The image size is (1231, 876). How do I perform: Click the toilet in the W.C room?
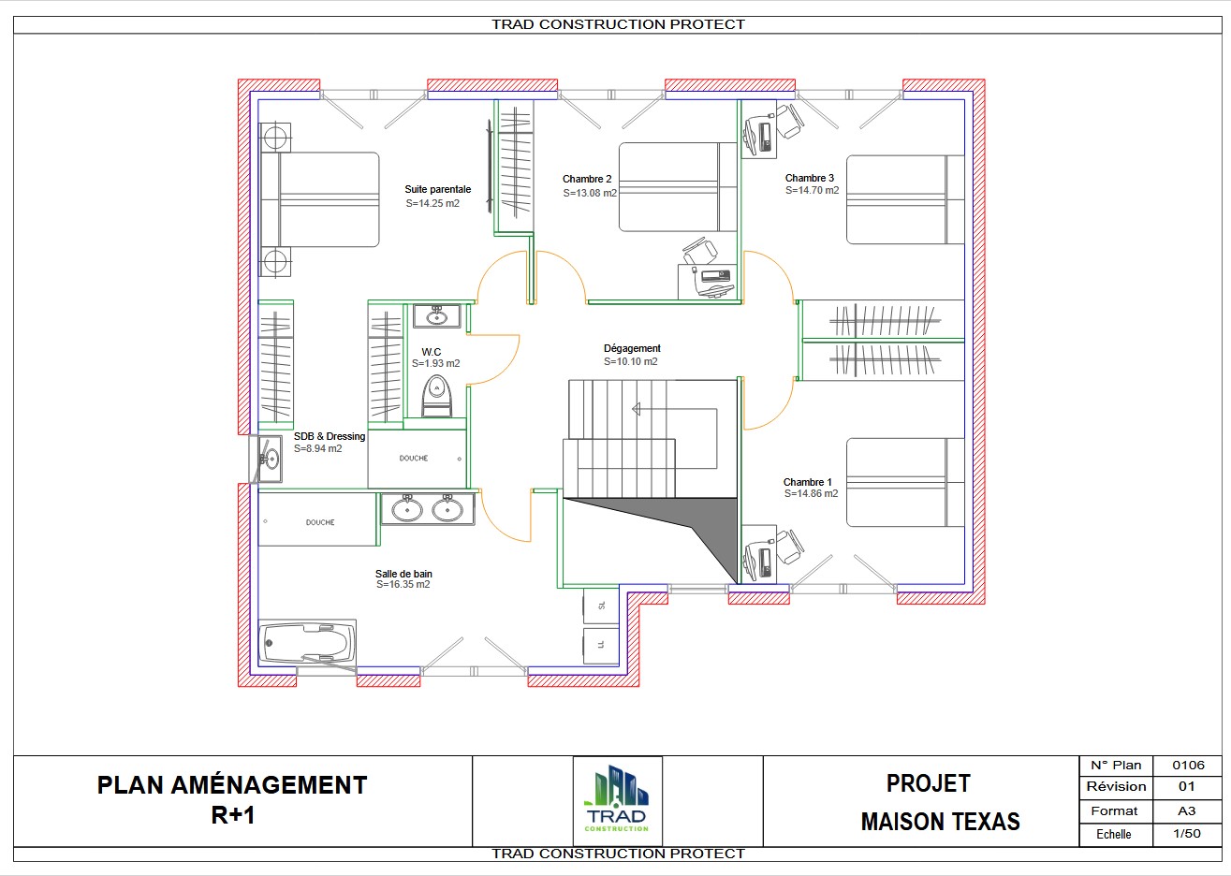tap(437, 396)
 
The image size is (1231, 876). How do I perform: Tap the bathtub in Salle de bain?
tap(307, 642)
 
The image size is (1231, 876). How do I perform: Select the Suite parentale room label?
tap(438, 189)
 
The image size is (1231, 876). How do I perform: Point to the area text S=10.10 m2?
tap(630, 361)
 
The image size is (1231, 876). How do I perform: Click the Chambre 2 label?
tap(587, 179)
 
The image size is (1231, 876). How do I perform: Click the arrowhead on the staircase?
tap(637, 409)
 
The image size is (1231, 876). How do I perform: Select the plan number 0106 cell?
tap(1188, 765)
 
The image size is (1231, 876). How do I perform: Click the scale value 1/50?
tap(1187, 834)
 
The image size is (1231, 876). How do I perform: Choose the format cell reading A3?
tap(1186, 810)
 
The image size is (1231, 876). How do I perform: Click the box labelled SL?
tap(601, 606)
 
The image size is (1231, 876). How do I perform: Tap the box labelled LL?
tap(601, 645)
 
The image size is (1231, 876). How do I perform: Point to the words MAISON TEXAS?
tap(940, 822)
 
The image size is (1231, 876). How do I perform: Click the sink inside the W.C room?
tap(437, 316)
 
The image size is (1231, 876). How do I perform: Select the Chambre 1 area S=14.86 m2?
tap(811, 493)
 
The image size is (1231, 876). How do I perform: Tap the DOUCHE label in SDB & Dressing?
tap(413, 458)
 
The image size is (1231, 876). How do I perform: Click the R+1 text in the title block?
tap(232, 815)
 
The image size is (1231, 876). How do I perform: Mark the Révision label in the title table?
tap(1116, 786)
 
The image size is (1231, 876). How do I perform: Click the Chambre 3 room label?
tap(810, 178)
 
